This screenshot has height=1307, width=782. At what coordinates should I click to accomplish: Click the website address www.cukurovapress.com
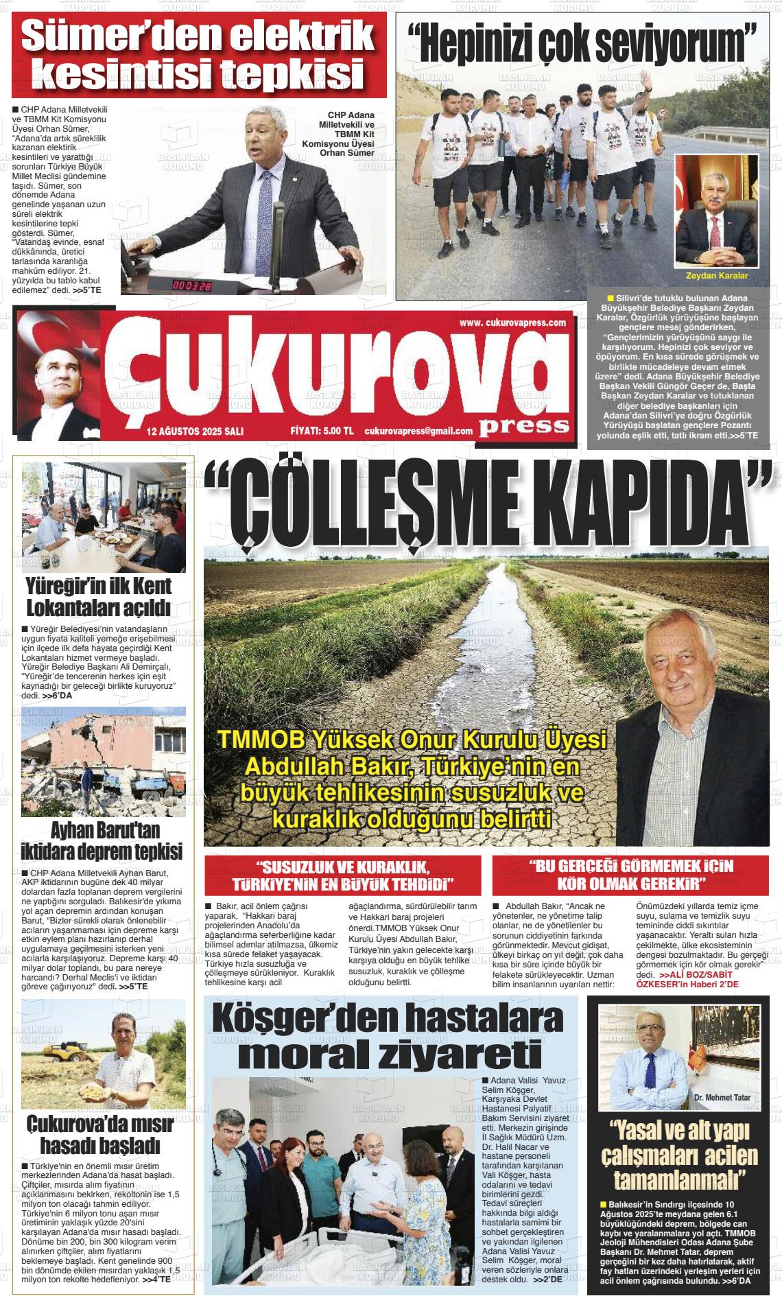pos(512,323)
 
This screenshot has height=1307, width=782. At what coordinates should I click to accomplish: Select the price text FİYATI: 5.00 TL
pos(322,432)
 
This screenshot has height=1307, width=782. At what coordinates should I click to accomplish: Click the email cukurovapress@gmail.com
pos(418,432)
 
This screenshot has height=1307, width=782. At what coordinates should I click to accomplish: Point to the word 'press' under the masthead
pos(524,425)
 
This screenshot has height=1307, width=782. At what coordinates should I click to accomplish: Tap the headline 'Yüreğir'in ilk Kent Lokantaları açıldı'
pos(98,597)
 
